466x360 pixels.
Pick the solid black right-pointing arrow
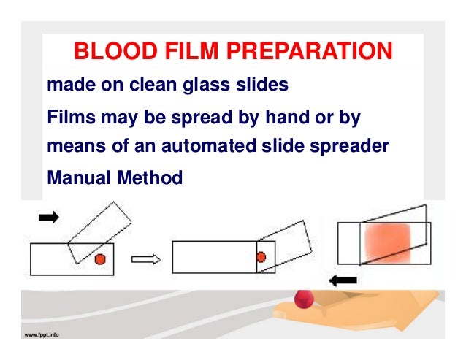[47, 218]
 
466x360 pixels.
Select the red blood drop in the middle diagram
[261, 257]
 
